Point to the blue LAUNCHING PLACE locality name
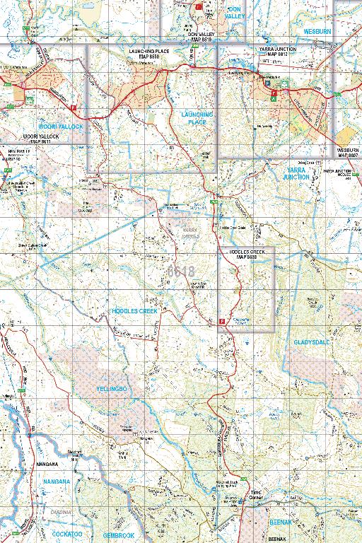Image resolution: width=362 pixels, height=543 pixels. (x=197, y=117)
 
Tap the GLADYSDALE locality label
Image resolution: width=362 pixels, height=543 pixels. (x=312, y=342)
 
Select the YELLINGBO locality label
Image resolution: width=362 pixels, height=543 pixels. (x=112, y=389)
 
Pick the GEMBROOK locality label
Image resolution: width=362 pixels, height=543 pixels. (x=118, y=536)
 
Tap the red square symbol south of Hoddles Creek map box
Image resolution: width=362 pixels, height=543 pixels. (x=222, y=321)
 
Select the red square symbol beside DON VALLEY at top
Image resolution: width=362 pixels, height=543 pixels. (x=199, y=6)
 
